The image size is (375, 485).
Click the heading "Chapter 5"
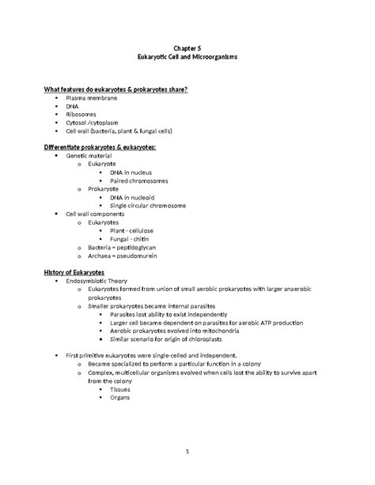click(187, 48)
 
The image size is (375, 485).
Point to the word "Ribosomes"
click(82, 114)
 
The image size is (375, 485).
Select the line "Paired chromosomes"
click(142, 180)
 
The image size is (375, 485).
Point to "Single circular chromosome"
click(153, 206)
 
